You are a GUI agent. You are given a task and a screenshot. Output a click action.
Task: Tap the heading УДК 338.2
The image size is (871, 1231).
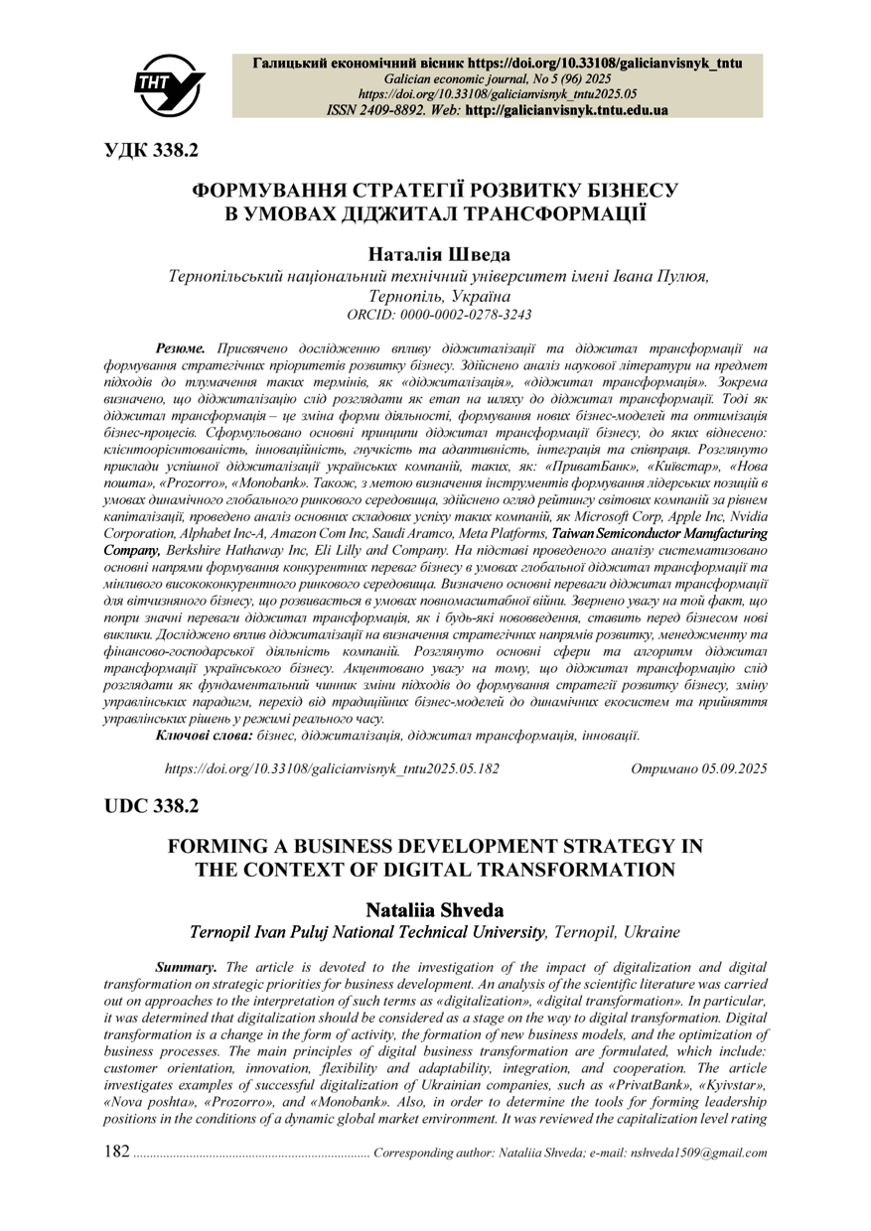[x=152, y=150]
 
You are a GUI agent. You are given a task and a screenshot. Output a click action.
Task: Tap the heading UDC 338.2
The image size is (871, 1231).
[x=152, y=806]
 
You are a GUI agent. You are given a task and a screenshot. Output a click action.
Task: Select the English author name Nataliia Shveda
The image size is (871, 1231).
[x=436, y=909]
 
